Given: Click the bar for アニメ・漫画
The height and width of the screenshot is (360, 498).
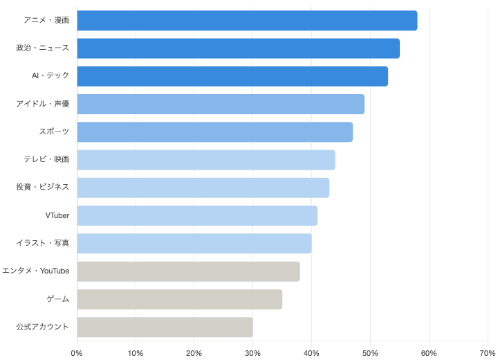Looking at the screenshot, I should coord(247,21).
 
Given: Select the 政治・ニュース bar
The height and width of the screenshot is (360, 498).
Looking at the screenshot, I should coord(238,48).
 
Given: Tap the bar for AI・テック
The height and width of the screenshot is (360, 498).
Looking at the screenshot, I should coord(232,76).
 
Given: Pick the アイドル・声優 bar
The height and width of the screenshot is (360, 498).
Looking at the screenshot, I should coord(221,104).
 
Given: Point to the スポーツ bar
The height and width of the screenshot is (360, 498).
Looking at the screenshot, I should coord(215,132).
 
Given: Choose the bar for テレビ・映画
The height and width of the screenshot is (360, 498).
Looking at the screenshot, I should coord(206,160).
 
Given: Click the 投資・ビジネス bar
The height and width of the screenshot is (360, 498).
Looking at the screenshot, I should coord(203,188).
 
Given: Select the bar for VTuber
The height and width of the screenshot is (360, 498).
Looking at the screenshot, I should coord(197,215).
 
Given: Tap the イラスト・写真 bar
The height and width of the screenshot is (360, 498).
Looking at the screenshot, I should coord(194,244).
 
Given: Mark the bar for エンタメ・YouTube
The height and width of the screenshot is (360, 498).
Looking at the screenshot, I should coord(188,271).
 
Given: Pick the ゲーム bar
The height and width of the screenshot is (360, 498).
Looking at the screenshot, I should coord(180,299).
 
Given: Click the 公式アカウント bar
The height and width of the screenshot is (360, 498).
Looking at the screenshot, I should coord(165,327).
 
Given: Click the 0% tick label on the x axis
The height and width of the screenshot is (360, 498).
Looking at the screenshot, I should coord(77,354).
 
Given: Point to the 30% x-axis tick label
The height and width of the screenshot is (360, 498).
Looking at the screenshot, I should coord(253,354).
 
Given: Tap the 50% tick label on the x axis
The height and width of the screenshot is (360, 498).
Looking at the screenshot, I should coord(371,354).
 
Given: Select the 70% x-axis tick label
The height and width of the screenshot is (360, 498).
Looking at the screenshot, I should coord(487,354).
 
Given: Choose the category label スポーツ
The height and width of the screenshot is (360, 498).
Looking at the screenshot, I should coord(54,132).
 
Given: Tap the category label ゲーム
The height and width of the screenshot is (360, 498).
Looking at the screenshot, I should coord(57,299).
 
